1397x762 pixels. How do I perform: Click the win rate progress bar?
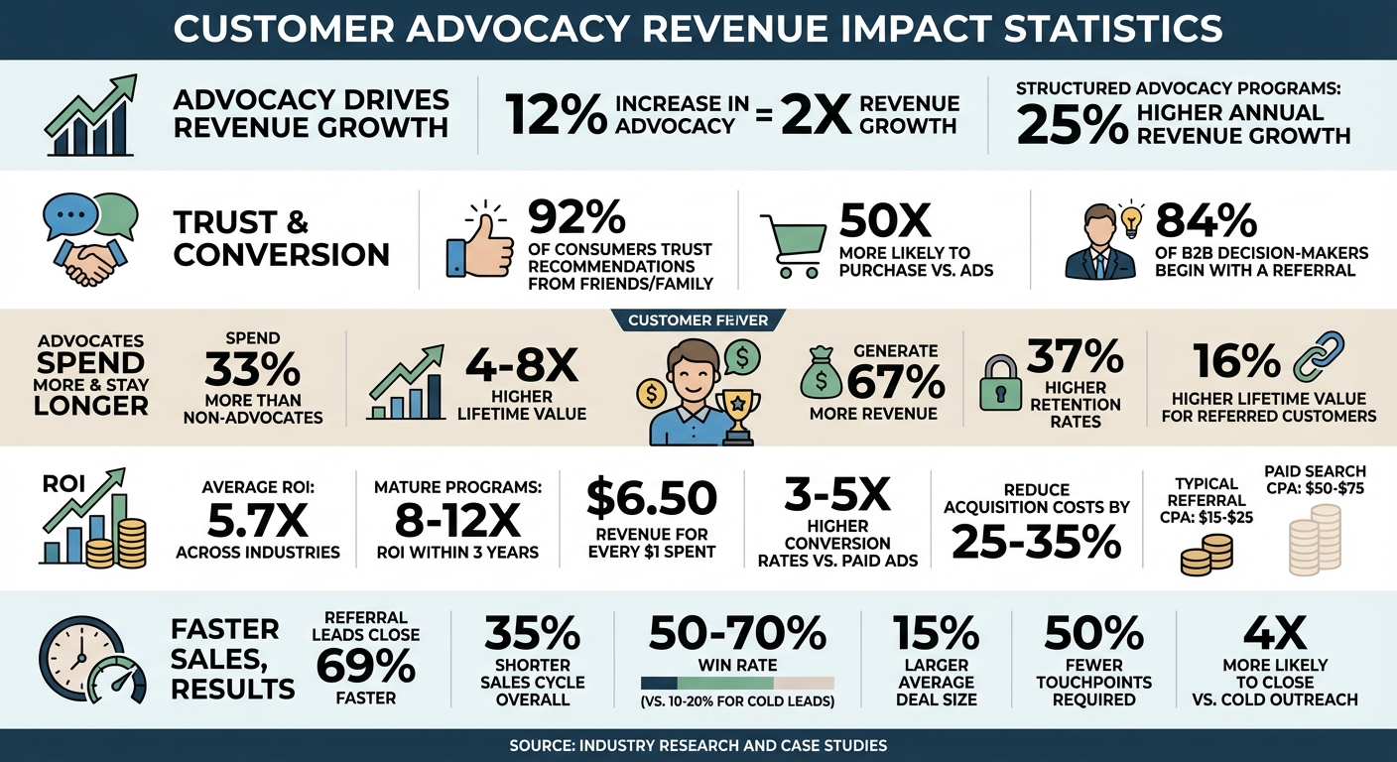737,683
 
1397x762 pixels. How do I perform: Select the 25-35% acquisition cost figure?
1037,541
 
